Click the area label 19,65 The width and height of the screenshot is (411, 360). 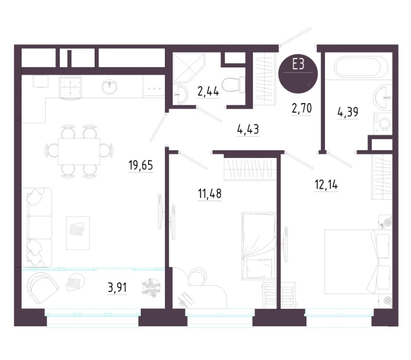tap(141, 166)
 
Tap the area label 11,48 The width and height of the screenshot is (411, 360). tap(210, 194)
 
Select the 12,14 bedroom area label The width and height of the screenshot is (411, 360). tap(326, 185)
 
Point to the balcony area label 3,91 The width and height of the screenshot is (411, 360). tap(117, 288)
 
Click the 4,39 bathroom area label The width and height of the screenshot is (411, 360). tap(348, 112)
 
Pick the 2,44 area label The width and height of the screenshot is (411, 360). tap(208, 92)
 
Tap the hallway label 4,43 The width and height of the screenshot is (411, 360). tap(248, 129)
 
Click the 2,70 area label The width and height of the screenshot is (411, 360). tap(302, 108)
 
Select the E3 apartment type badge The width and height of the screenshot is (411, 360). tap(298, 74)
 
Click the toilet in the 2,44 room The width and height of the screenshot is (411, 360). tap(233, 85)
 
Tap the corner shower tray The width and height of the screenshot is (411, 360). tap(188, 67)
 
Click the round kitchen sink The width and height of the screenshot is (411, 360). tap(109, 87)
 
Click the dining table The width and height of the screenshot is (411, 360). tap(79, 151)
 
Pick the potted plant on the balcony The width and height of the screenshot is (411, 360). tap(151, 288)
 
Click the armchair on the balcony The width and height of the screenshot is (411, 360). tap(43, 288)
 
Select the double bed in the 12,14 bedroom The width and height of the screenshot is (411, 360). tap(358, 262)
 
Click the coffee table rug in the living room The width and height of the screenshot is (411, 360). tap(78, 233)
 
